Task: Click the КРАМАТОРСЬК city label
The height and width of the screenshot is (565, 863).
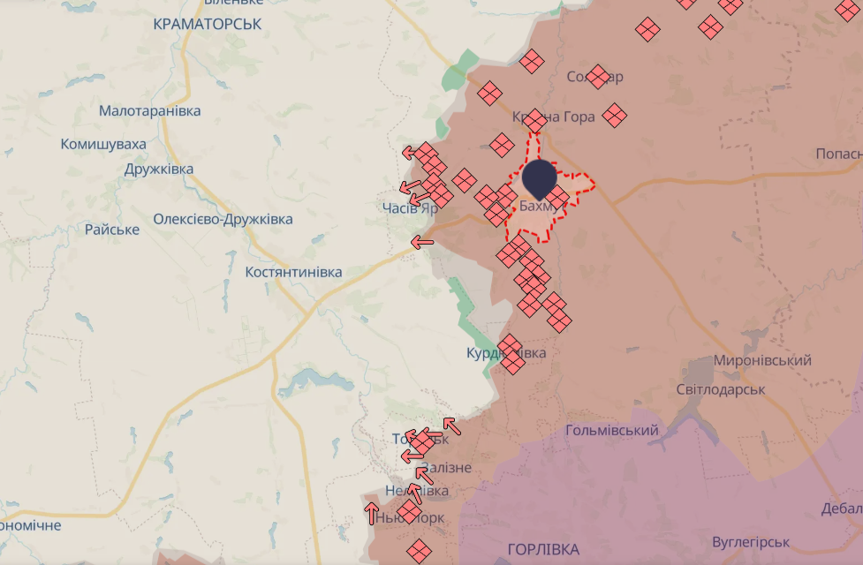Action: click(x=207, y=24)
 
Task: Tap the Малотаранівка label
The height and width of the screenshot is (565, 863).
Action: click(x=149, y=111)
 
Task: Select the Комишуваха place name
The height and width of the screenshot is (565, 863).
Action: click(x=103, y=144)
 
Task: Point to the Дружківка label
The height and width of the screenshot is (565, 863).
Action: click(x=159, y=169)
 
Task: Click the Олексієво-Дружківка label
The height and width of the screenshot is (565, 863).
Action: click(x=223, y=219)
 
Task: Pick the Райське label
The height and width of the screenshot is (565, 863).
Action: click(x=112, y=230)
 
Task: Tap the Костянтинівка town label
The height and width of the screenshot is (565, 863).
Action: click(x=293, y=272)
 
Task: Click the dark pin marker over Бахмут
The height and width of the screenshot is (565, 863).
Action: click(x=539, y=178)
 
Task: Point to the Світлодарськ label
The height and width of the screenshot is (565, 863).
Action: click(x=720, y=389)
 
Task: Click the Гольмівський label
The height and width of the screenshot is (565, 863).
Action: click(x=612, y=430)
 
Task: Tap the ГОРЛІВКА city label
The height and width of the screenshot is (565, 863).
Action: click(x=543, y=547)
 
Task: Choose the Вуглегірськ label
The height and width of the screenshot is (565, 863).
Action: click(x=750, y=541)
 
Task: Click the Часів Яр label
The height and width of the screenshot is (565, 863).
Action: click(x=410, y=208)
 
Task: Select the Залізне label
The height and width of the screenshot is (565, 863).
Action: click(x=447, y=468)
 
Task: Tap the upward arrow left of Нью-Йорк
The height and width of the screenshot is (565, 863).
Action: click(x=372, y=512)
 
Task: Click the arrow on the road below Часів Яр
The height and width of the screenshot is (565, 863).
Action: click(x=422, y=241)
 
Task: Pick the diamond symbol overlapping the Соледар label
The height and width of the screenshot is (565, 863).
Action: click(x=598, y=77)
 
